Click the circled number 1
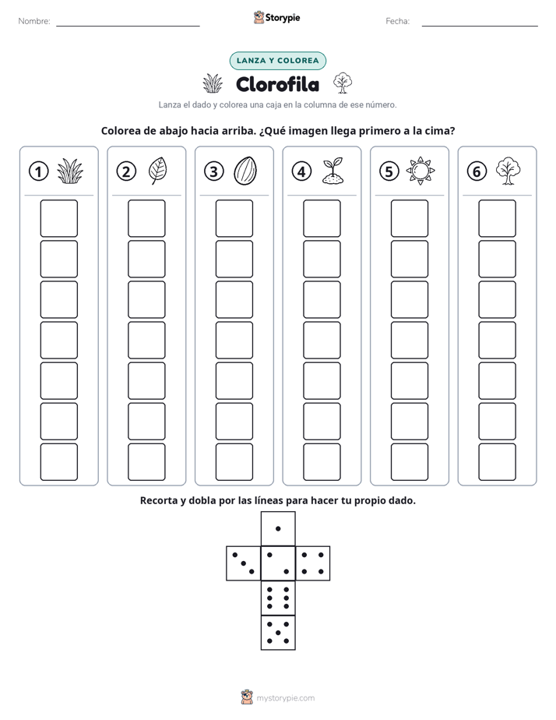[x=38, y=171]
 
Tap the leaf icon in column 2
[x=158, y=171]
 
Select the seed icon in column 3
[x=245, y=171]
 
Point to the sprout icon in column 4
[x=333, y=171]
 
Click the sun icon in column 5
[x=421, y=171]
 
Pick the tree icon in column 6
[x=508, y=171]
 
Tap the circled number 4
[x=301, y=171]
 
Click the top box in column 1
[x=58, y=218]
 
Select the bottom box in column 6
[x=498, y=462]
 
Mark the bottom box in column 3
[x=234, y=462]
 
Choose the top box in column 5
[x=410, y=218]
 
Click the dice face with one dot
[x=278, y=528]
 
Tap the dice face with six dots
[x=278, y=598]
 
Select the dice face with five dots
[x=278, y=632]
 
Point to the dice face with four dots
[x=313, y=563]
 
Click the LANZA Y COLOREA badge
[x=277, y=61]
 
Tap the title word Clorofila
[x=277, y=84]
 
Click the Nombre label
[x=34, y=21]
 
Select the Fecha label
[x=397, y=21]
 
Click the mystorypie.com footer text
[x=285, y=698]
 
